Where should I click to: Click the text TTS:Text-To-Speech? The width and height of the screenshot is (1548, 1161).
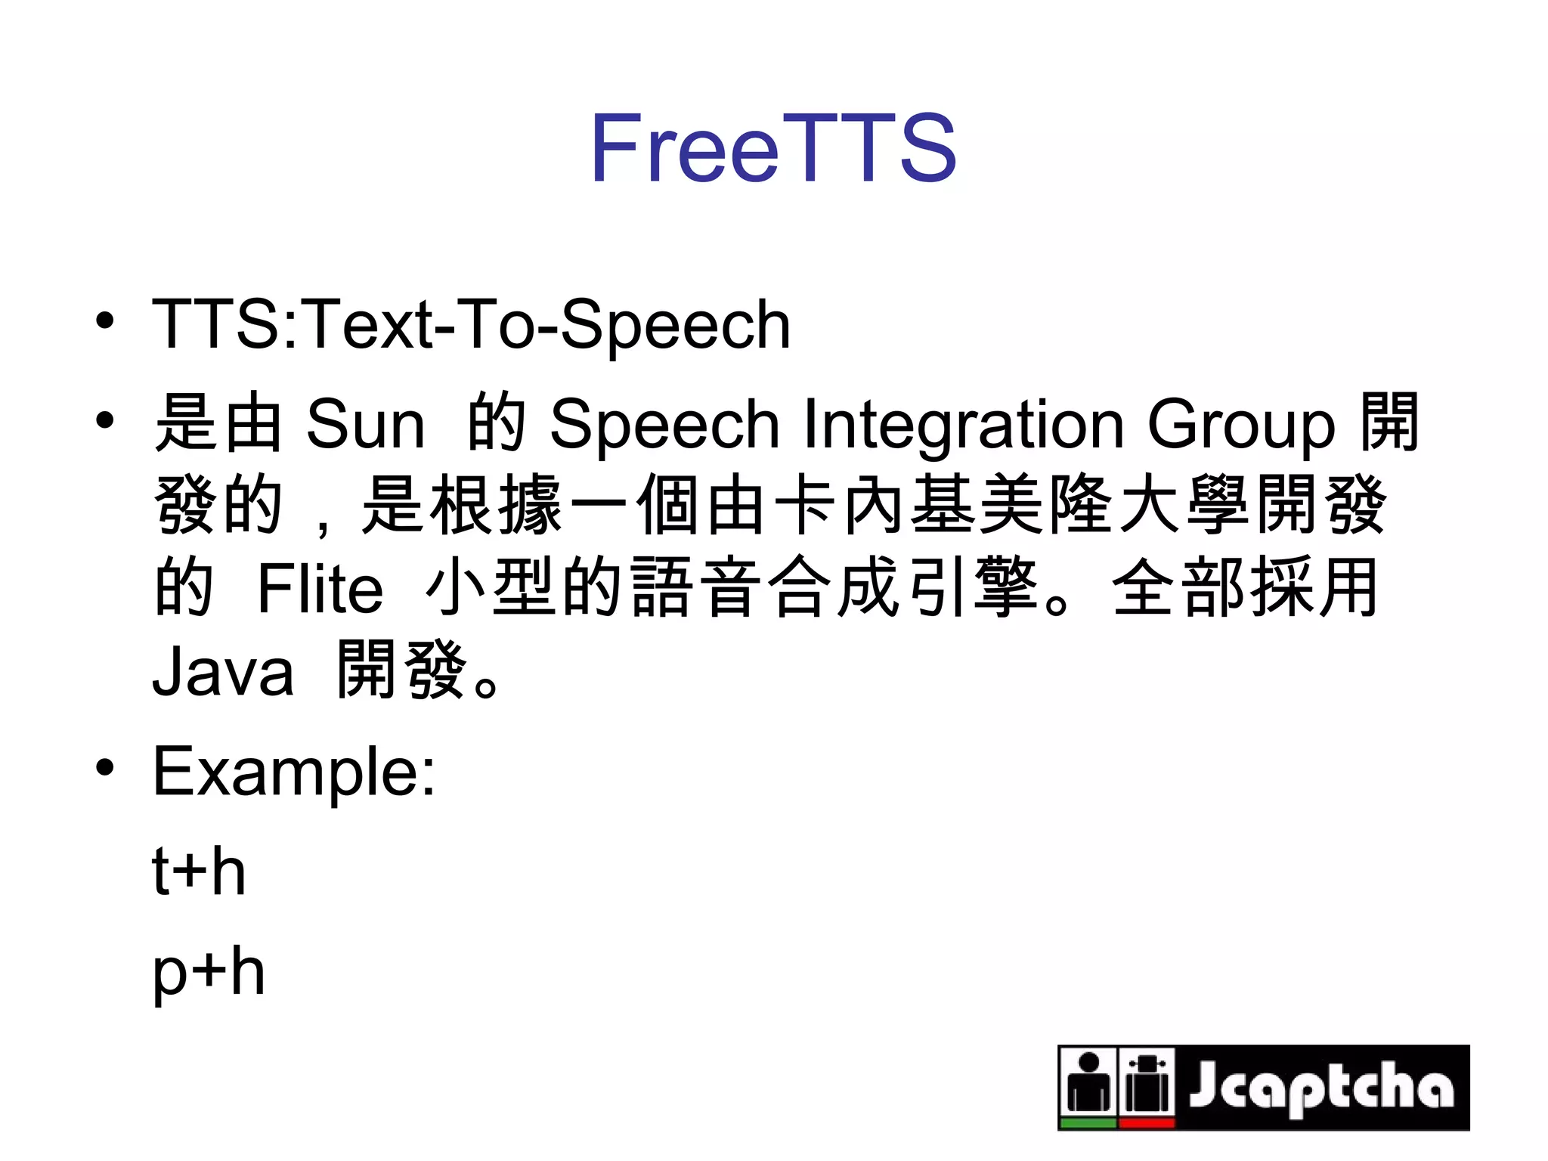tap(471, 325)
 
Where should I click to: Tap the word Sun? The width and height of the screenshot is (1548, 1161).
tap(365, 425)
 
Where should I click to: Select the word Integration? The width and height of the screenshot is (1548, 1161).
tap(963, 425)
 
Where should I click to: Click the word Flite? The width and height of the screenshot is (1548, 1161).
tap(320, 589)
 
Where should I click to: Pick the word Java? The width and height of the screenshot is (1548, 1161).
tap(223, 672)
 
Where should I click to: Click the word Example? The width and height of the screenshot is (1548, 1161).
tap(294, 772)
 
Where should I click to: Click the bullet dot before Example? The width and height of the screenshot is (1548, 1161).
tap(105, 767)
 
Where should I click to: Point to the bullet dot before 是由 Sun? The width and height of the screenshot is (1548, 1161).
tap(105, 420)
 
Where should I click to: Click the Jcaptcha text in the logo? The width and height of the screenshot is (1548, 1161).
tap(1320, 1086)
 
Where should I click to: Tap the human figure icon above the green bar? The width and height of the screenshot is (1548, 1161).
tap(1088, 1082)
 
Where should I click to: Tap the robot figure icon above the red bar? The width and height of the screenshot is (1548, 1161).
tap(1147, 1082)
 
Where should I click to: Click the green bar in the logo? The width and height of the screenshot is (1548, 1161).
tap(1088, 1123)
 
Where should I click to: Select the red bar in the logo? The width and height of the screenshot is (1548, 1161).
tap(1147, 1123)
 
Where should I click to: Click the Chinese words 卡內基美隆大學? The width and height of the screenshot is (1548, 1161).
tap(1012, 504)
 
